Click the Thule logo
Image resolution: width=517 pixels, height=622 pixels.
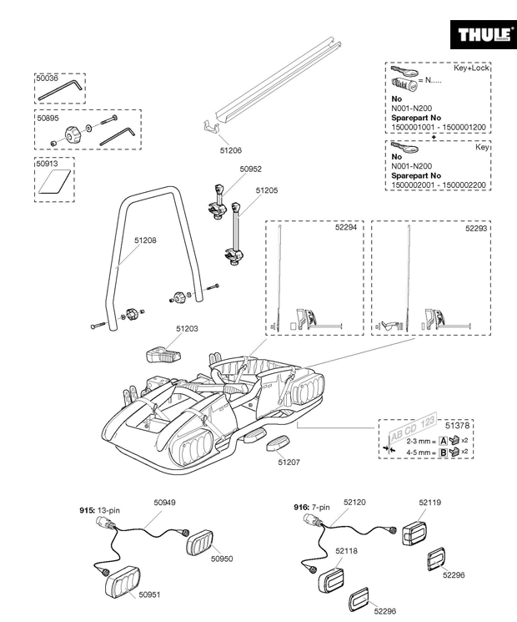click(484, 34)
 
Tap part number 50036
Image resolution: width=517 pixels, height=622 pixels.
click(48, 78)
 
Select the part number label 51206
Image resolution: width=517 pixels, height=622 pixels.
click(231, 150)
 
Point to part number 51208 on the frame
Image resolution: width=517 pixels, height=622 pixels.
click(145, 240)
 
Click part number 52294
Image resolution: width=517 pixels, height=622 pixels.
click(346, 227)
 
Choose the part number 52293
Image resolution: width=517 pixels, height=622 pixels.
click(476, 228)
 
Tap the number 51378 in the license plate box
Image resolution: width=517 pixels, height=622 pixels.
click(457, 425)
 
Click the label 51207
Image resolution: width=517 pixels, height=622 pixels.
click(289, 463)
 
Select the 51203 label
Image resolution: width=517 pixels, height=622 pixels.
click(187, 328)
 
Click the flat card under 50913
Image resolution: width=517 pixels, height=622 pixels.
click(55, 181)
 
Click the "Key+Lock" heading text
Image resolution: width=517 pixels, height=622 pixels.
click(471, 68)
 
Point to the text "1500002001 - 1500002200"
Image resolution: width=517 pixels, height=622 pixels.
click(439, 185)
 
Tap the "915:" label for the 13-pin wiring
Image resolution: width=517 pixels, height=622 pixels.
click(88, 510)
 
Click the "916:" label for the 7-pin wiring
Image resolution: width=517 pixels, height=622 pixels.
click(302, 508)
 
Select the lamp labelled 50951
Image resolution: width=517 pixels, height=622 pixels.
click(123, 582)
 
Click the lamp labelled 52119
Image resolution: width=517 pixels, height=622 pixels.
click(415, 533)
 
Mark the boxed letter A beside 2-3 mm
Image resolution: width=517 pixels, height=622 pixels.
click(444, 441)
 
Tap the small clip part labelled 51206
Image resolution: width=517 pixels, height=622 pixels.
click(211, 128)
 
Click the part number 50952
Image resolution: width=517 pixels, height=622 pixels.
click(250, 169)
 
